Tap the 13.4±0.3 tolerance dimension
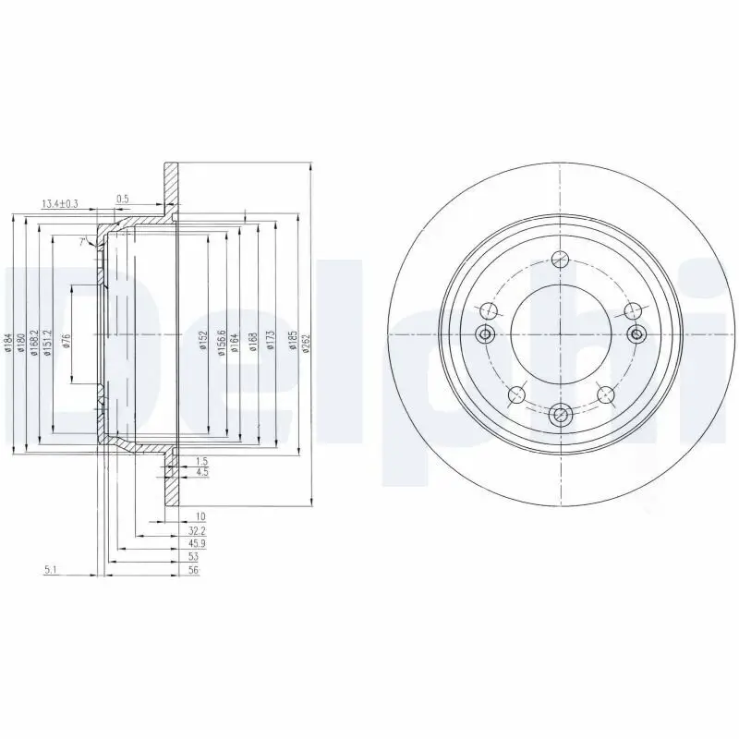pyautogui.click(x=59, y=203)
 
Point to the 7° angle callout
pyautogui.click(x=82, y=242)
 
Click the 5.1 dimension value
pyautogui.click(x=51, y=570)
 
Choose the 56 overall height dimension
pyautogui.click(x=193, y=571)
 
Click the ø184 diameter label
pyautogui.click(x=6, y=345)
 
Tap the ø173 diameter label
pyautogui.click(x=271, y=343)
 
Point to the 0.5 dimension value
pyautogui.click(x=122, y=199)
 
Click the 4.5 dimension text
pyautogui.click(x=201, y=473)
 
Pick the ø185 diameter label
pyautogui.click(x=292, y=343)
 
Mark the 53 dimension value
pyautogui.click(x=193, y=557)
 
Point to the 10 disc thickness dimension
pyautogui.click(x=199, y=515)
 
